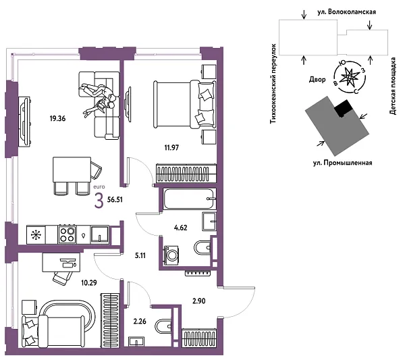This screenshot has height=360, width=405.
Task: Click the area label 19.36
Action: (x=59, y=119)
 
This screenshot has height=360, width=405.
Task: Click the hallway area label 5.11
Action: (x=140, y=256)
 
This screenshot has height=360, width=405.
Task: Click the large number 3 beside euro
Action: (x=100, y=200)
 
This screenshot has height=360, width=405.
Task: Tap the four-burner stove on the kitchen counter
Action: (x=68, y=234)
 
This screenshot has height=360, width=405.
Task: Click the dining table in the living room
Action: (x=71, y=168)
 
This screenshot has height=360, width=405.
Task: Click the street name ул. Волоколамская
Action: (x=348, y=12)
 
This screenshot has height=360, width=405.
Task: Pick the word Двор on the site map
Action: (x=317, y=79)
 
